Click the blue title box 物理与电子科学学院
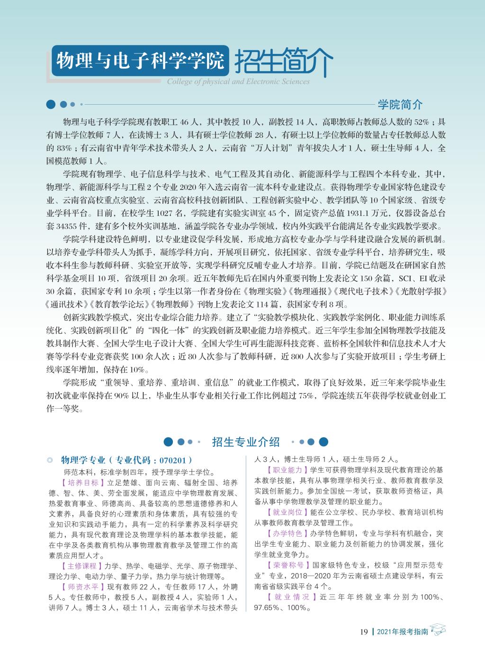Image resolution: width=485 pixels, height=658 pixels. coord(139,60)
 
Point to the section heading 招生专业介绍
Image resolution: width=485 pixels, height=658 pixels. coord(246,442)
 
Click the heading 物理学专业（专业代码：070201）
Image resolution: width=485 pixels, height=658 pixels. coord(126,460)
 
